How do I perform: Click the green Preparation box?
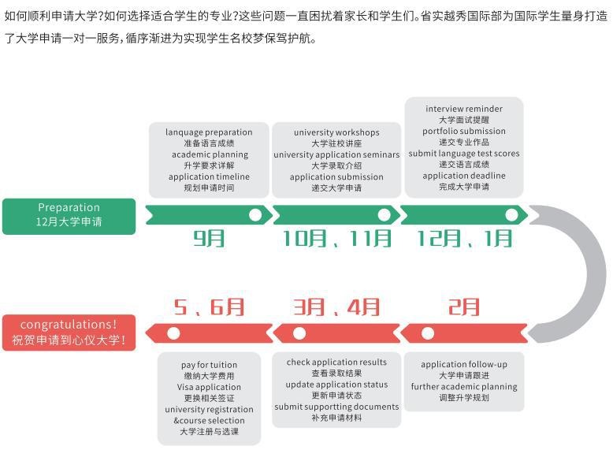pos(69,216)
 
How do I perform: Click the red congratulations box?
pos(69,333)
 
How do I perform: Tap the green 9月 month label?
pos(209,239)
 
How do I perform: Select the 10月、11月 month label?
pos(336,239)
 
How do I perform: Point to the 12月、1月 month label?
pos(464,239)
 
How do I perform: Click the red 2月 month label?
pos(463,307)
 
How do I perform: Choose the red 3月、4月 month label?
pos(336,307)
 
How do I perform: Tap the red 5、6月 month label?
pos(209,307)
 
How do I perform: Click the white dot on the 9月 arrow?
pos(255,214)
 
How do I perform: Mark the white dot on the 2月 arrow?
pos(428,333)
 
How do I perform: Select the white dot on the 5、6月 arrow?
pos(173,333)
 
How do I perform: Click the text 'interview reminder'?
pos(464,109)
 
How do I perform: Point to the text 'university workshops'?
pos(336,132)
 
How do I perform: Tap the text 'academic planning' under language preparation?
pos(210,154)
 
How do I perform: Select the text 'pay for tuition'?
pos(209,365)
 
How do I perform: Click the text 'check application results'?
pos(336,362)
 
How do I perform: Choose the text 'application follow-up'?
pos(464,364)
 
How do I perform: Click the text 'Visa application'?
pos(209,387)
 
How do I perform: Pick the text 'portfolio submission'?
pos(464,131)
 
